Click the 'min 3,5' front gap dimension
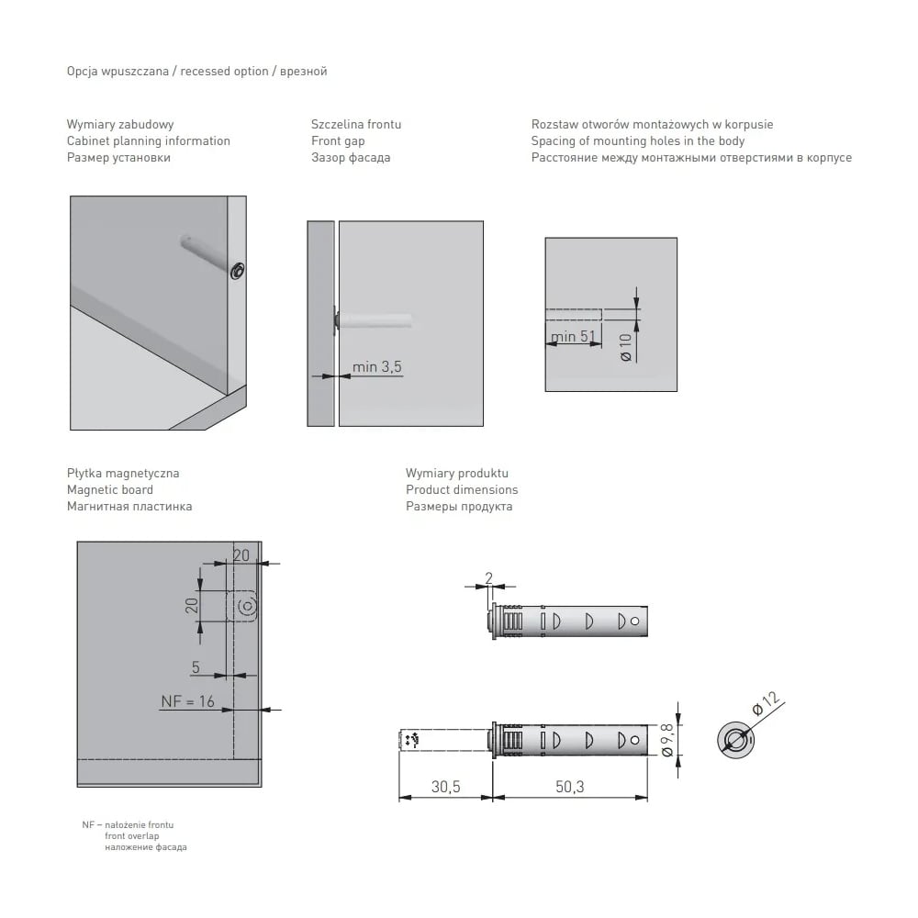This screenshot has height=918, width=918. tap(377, 366)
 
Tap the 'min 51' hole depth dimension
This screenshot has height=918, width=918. tap(573, 336)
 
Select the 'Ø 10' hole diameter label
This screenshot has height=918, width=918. tap(626, 347)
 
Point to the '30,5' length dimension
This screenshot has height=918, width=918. tap(445, 787)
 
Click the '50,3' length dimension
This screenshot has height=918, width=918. tap(570, 787)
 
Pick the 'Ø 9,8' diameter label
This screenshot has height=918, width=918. tap(666, 740)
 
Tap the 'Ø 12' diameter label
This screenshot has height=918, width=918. tap(766, 703)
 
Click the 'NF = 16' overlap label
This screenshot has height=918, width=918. tap(188, 700)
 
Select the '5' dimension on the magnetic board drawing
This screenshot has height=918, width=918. tap(196, 666)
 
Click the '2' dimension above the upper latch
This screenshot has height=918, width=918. tap(489, 578)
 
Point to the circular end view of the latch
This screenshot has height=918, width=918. tap(735, 740)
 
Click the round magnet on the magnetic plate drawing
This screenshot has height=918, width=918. tap(248, 607)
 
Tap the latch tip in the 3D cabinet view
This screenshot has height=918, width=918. tap(237, 271)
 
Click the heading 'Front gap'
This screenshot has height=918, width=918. tap(338, 140)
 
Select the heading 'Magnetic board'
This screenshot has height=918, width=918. tap(109, 489)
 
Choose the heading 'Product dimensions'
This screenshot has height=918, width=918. tap(462, 489)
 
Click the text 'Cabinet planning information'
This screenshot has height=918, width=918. tap(148, 140)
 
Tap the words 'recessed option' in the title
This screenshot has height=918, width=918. tap(224, 71)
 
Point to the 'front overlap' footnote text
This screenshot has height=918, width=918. tap(131, 835)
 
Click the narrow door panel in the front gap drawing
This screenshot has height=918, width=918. tap(320, 323)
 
